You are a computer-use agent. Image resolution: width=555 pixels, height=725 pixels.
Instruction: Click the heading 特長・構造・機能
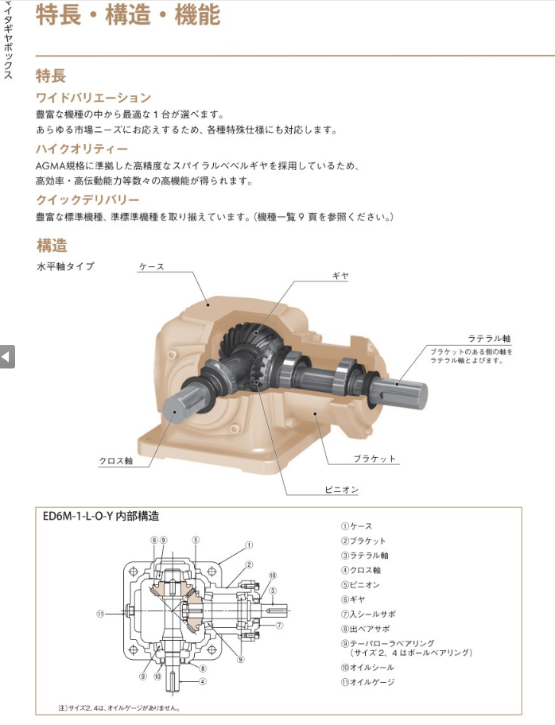tap(128, 14)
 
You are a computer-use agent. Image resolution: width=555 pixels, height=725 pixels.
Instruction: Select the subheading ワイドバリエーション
tap(94, 98)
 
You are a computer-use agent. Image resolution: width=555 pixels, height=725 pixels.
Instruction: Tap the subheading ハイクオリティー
tap(82, 149)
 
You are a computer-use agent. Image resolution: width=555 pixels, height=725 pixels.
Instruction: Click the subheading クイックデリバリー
tap(88, 200)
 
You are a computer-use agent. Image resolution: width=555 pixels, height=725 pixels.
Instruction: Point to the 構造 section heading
tap(52, 245)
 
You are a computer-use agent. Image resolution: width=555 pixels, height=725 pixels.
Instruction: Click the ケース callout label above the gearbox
tap(152, 267)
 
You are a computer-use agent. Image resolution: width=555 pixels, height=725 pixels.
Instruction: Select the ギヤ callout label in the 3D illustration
tap(341, 276)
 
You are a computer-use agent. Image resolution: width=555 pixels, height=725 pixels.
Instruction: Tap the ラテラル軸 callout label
tap(489, 339)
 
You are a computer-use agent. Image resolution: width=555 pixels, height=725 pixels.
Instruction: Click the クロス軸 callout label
tap(116, 461)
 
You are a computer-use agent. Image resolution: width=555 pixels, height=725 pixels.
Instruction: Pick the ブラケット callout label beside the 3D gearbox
tap(375, 459)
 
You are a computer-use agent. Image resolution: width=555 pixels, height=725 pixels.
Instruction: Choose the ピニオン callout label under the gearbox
tap(341, 490)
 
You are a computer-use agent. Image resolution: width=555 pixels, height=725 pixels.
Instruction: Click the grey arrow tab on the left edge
tap(7, 356)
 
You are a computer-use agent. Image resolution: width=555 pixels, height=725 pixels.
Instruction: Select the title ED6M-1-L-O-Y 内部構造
tap(101, 516)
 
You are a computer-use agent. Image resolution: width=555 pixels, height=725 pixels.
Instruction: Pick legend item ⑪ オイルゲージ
tap(368, 682)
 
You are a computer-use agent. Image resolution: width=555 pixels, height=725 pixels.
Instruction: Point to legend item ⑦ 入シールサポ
tap(369, 614)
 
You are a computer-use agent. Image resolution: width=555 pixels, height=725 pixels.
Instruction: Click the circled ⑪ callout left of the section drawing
tap(100, 614)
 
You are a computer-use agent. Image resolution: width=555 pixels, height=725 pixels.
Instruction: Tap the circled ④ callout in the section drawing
tap(202, 681)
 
